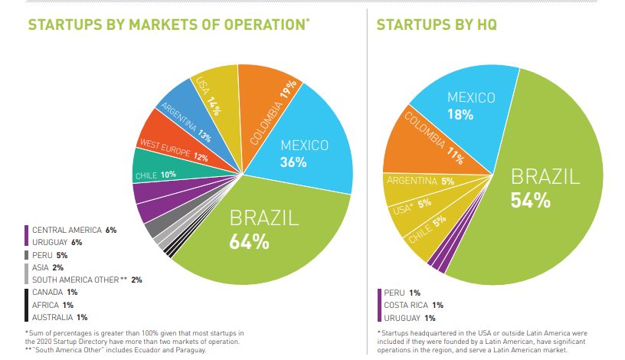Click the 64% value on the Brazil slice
[249, 242]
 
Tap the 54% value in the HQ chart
[531, 201]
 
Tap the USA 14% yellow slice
[210, 97]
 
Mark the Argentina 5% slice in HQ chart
[420, 182]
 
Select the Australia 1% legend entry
[61, 317]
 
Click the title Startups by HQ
[436, 25]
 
